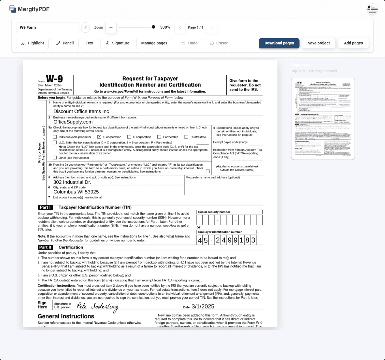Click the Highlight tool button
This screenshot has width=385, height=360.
pyautogui.click(x=32, y=43)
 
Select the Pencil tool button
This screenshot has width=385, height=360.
pyautogui.click(x=65, y=43)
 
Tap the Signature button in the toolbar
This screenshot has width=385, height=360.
pyautogui.click(x=117, y=43)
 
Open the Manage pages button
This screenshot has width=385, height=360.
pyautogui.click(x=154, y=43)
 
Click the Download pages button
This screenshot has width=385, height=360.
pyautogui.click(x=279, y=43)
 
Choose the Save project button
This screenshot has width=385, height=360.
pyautogui.click(x=318, y=43)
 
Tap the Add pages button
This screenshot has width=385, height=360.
pyautogui.click(x=353, y=43)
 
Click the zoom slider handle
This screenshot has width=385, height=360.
pyautogui.click(x=153, y=27)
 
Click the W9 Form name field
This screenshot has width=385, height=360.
pyautogui.click(x=47, y=27)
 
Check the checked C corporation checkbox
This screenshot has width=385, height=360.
pyautogui.click(x=99, y=137)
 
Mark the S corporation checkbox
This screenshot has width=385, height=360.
pyautogui.click(x=129, y=137)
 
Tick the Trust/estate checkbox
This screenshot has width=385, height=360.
pyautogui.click(x=186, y=137)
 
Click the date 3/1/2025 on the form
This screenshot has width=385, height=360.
pyautogui.click(x=203, y=307)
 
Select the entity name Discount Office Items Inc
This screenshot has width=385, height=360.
pyautogui.click(x=81, y=112)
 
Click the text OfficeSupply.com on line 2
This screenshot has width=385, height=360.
pyautogui.click(x=73, y=122)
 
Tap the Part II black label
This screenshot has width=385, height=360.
pyautogui.click(x=45, y=247)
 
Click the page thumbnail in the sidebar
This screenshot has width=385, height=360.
pyautogui.click(x=323, y=119)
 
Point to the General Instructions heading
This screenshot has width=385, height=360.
pyautogui.click(x=66, y=316)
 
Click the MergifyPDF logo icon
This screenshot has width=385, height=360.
pyautogui.click(x=13, y=9)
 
